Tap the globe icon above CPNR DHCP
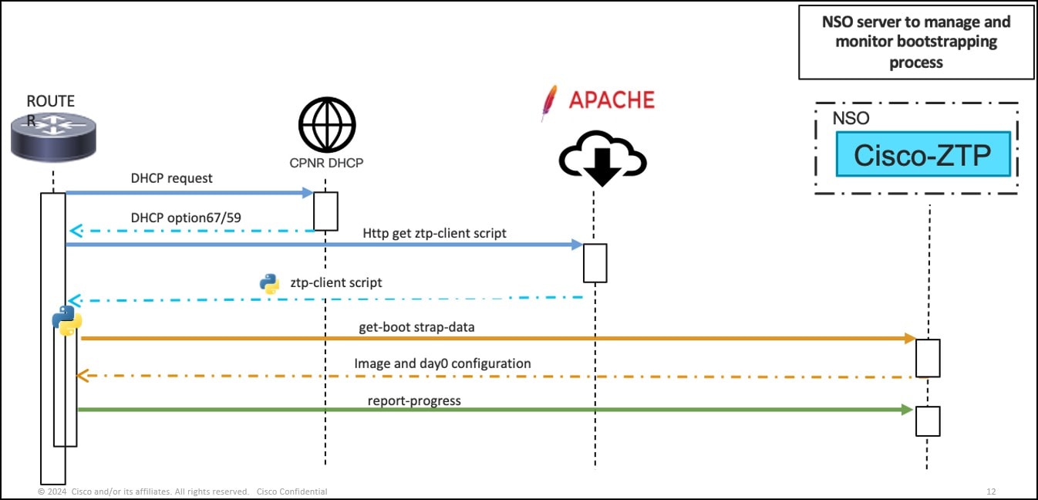pyautogui.click(x=327, y=125)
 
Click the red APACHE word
pyautogui.click(x=612, y=100)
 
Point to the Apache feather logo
pyautogui.click(x=549, y=103)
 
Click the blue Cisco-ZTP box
pyautogui.click(x=922, y=154)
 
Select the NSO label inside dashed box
pyautogui.click(x=851, y=118)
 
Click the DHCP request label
pyautogui.click(x=171, y=178)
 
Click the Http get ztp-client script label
pyautogui.click(x=435, y=232)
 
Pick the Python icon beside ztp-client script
pyautogui.click(x=269, y=284)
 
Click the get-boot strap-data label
pyautogui.click(x=416, y=326)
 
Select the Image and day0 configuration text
pyautogui.click(x=443, y=363)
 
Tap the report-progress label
pyautogui.click(x=414, y=400)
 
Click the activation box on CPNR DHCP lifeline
pyautogui.click(x=326, y=211)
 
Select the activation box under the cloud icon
pyautogui.click(x=595, y=263)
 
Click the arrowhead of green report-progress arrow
pyautogui.click(x=908, y=410)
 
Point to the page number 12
pyautogui.click(x=991, y=492)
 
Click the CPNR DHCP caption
pyautogui.click(x=327, y=163)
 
